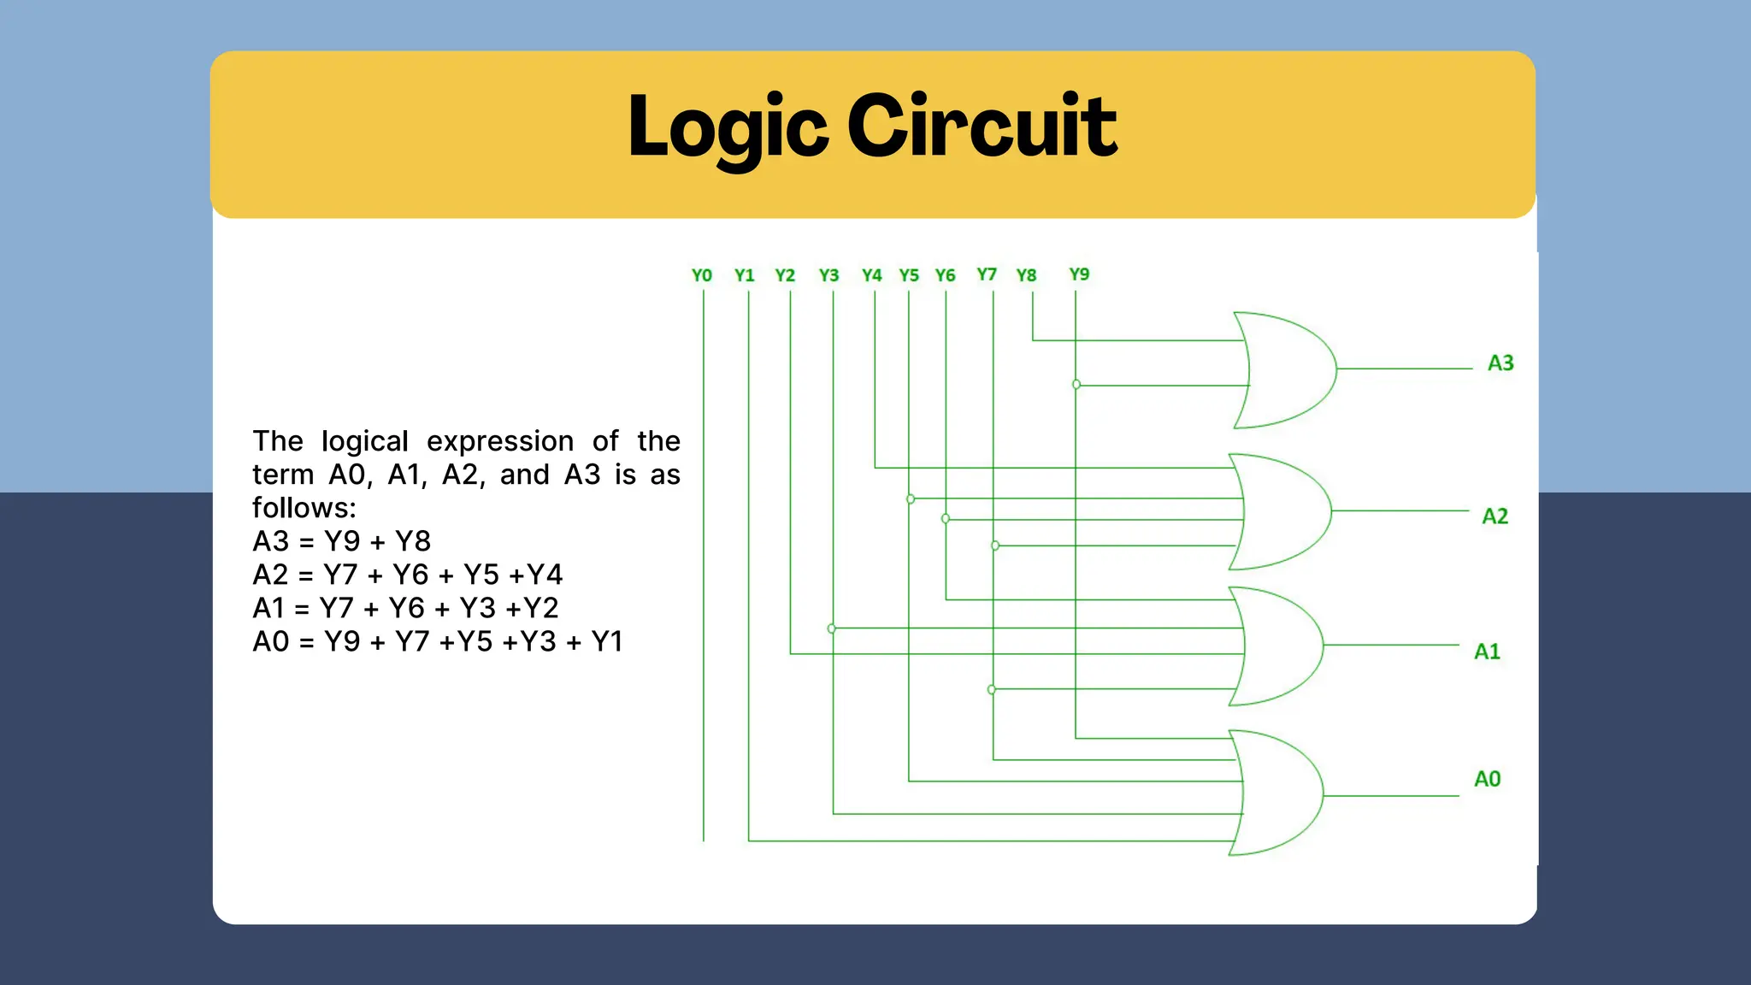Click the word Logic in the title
tap(728, 127)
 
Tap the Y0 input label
tap(701, 275)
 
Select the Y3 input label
tap(828, 275)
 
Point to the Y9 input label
tap(1079, 274)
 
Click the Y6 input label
tap(945, 275)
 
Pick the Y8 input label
tap(1026, 275)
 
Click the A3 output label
tap(1500, 363)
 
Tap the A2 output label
tap(1495, 516)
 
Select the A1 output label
tap(1487, 652)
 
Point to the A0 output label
tap(1487, 779)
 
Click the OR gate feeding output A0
tap(1278, 793)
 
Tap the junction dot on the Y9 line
tap(1076, 385)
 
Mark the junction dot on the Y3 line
tap(832, 628)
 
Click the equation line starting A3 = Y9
tap(341, 541)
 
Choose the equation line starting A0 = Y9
tap(437, 641)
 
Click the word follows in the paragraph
tap(303, 508)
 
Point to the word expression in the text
tap(500, 441)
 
